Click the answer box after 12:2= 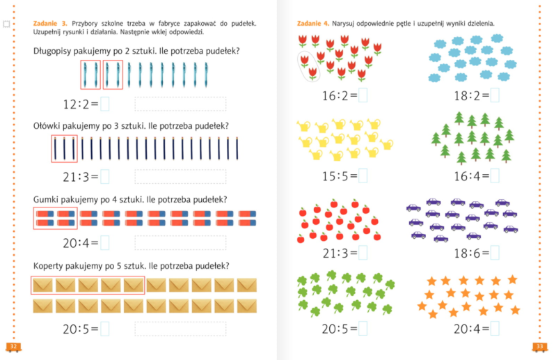105,105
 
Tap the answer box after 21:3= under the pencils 105,177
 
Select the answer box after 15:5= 363,176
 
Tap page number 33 540,346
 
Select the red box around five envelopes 88,285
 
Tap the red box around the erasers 55,218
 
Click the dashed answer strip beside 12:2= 180,105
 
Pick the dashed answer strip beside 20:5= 180,329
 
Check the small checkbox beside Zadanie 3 7,24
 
